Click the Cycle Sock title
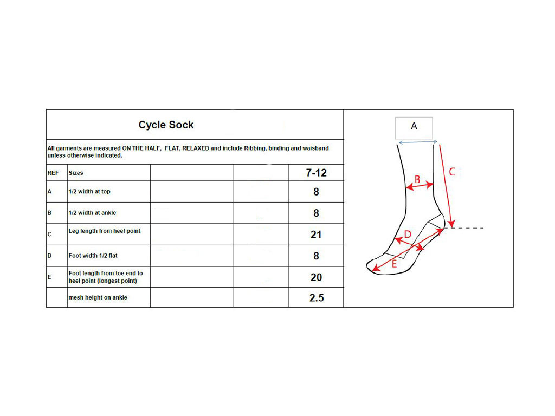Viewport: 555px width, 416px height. tap(166, 125)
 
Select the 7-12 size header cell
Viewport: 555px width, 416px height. tap(316, 173)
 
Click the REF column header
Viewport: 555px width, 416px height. tap(53, 173)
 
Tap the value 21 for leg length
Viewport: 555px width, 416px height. tap(316, 235)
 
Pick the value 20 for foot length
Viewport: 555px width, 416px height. tap(316, 277)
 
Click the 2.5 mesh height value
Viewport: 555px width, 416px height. tap(317, 298)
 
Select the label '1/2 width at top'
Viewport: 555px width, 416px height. tap(89, 191)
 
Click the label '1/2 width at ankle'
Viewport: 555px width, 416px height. tap(92, 213)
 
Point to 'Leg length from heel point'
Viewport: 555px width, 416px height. tap(105, 231)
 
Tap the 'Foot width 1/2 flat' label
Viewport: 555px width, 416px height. tap(93, 256)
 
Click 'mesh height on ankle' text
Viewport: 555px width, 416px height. tap(98, 297)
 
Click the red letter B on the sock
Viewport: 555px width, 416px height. tap(417, 179)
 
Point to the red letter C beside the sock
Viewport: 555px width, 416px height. tap(452, 172)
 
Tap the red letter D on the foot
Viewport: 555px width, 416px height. tap(408, 234)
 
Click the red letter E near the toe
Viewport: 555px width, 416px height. tap(394, 264)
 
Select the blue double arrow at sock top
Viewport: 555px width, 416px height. tap(418, 142)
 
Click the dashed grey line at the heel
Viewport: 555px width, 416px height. tap(464, 228)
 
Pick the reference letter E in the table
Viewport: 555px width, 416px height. tap(49, 277)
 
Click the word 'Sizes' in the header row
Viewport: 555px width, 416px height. tap(76, 173)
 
